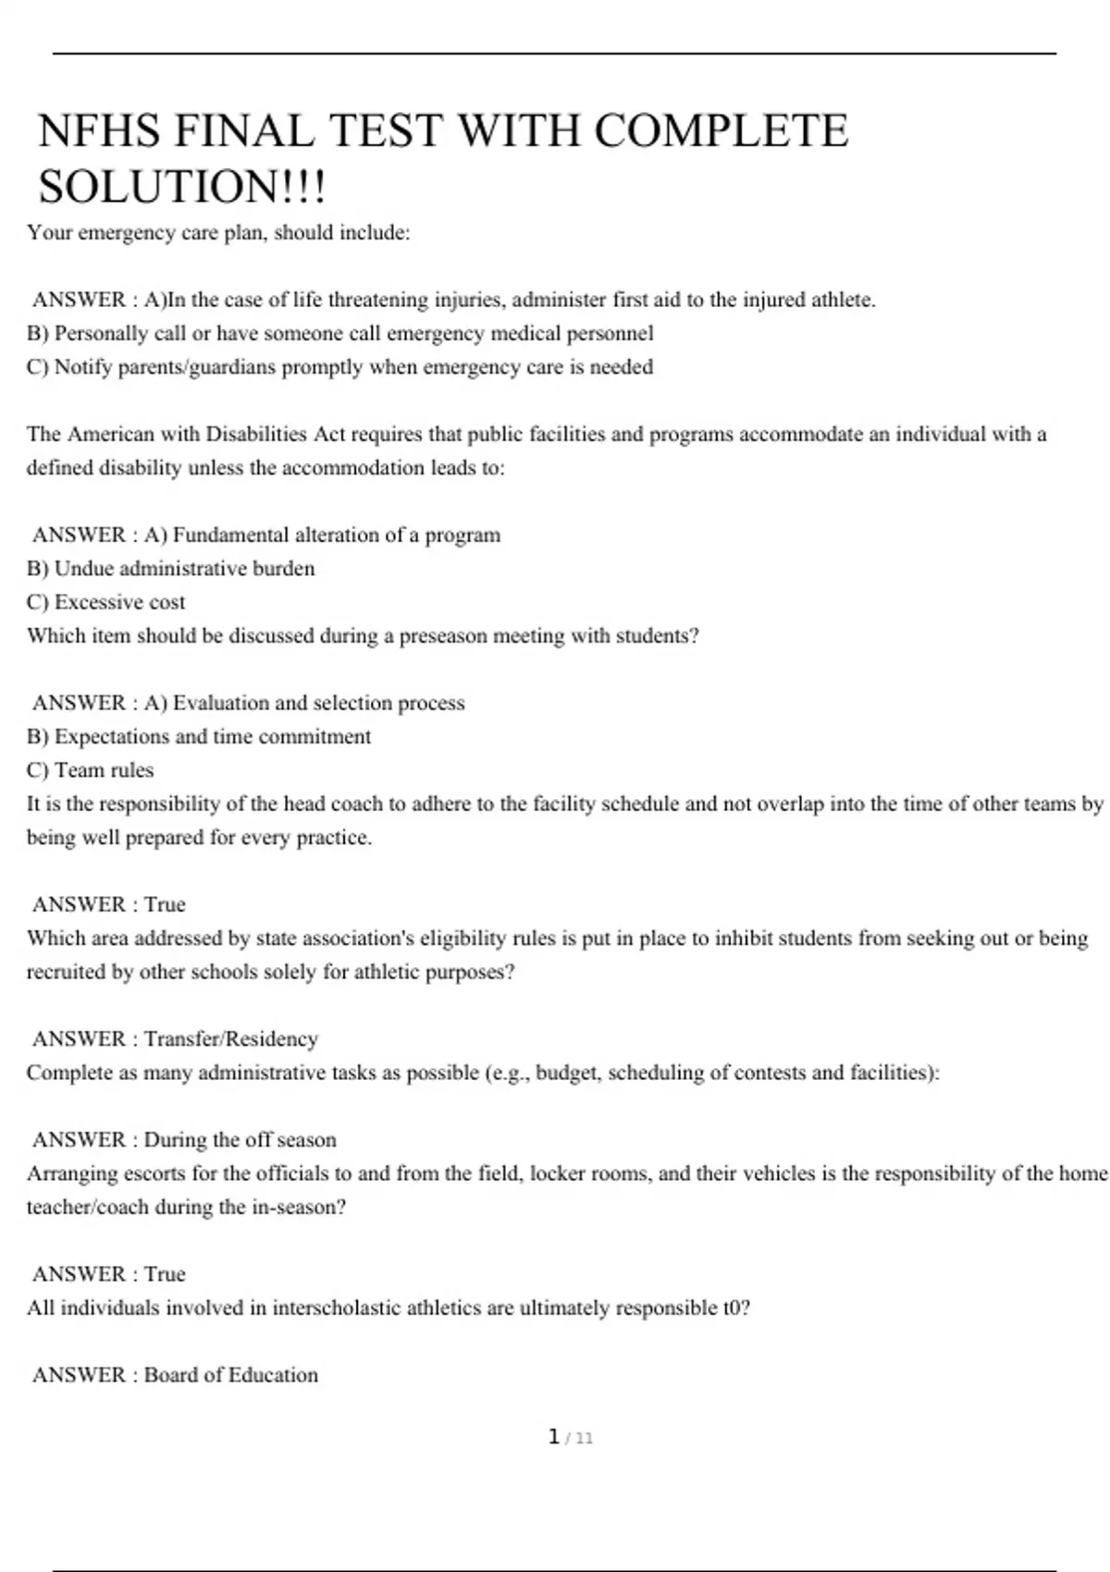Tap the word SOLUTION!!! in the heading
[x=182, y=187]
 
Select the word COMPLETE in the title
[x=721, y=130]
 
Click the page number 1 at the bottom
[x=554, y=1437]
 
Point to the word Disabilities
[x=256, y=434]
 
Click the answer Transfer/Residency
[x=230, y=1038]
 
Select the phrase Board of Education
[x=230, y=1375]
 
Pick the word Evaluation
[x=219, y=703]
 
